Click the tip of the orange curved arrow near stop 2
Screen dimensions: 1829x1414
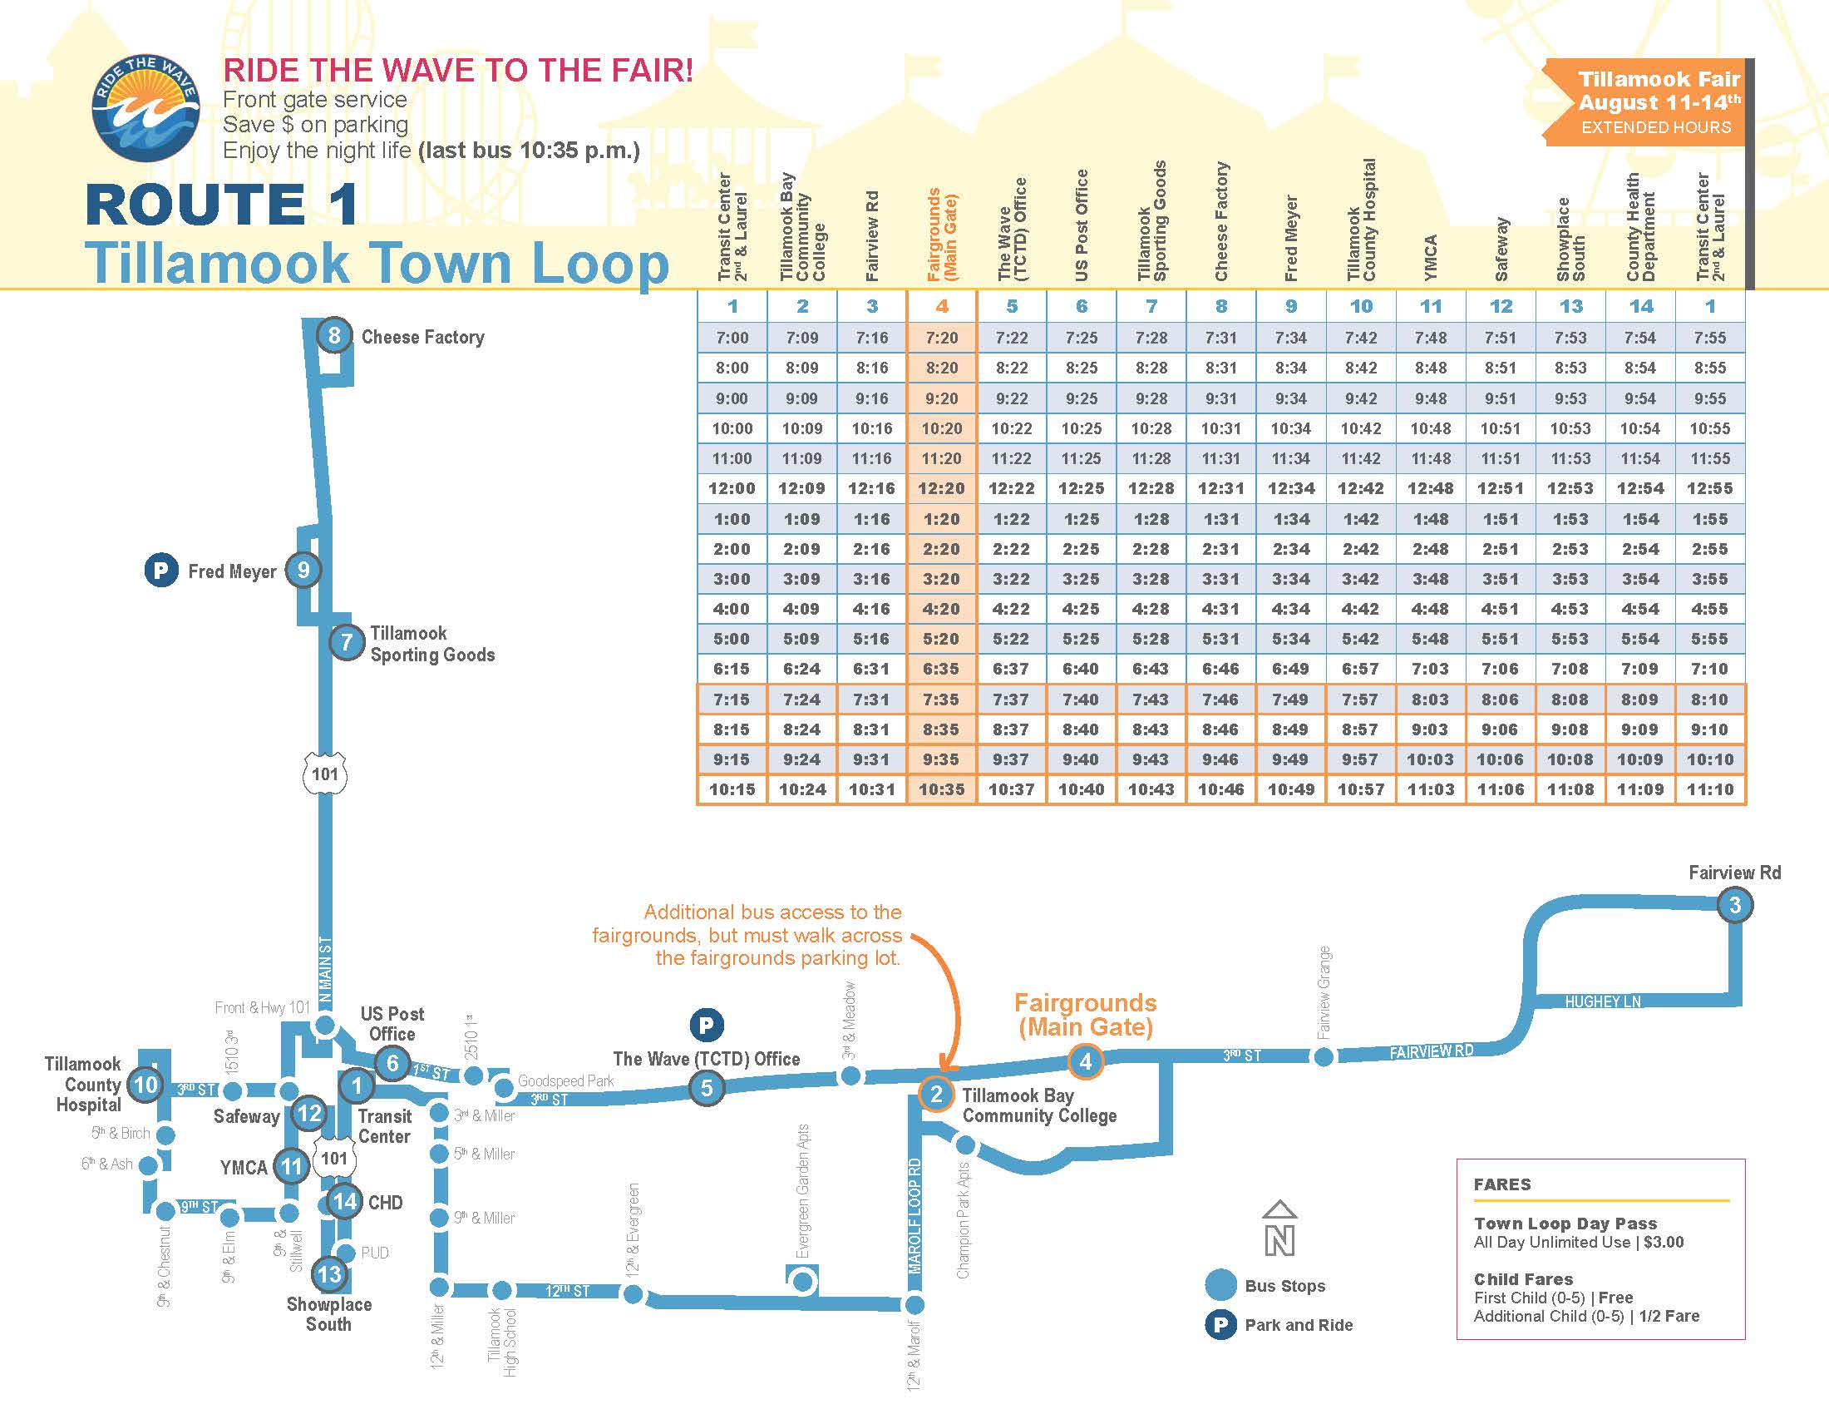tap(941, 1070)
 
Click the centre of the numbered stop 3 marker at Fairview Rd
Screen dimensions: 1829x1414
tap(1734, 905)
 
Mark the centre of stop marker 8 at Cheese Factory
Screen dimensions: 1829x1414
tap(334, 336)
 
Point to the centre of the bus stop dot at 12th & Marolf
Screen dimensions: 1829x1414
tap(915, 1304)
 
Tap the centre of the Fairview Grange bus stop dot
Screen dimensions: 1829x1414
tap(1324, 1057)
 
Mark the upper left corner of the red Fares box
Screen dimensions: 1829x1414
tap(1457, 1159)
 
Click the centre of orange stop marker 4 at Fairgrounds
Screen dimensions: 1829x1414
tap(1085, 1061)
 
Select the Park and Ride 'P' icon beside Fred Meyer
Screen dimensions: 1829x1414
tap(160, 571)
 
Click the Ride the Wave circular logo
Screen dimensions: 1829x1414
tap(145, 109)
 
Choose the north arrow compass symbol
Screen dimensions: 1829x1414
tap(1279, 1228)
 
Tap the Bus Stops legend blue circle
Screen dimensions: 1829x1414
tap(1220, 1285)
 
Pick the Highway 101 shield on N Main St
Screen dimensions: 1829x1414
tap(325, 774)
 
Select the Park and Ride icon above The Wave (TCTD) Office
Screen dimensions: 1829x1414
tap(706, 1025)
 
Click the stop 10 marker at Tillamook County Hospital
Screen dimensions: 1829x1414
tap(145, 1085)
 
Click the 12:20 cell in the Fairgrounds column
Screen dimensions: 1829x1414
tap(941, 488)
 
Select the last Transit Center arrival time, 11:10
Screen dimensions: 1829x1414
tap(1710, 789)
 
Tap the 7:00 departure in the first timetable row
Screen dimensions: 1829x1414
tap(732, 338)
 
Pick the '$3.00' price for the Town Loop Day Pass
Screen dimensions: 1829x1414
tap(1664, 1243)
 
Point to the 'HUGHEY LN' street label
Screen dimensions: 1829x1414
tap(1603, 1001)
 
